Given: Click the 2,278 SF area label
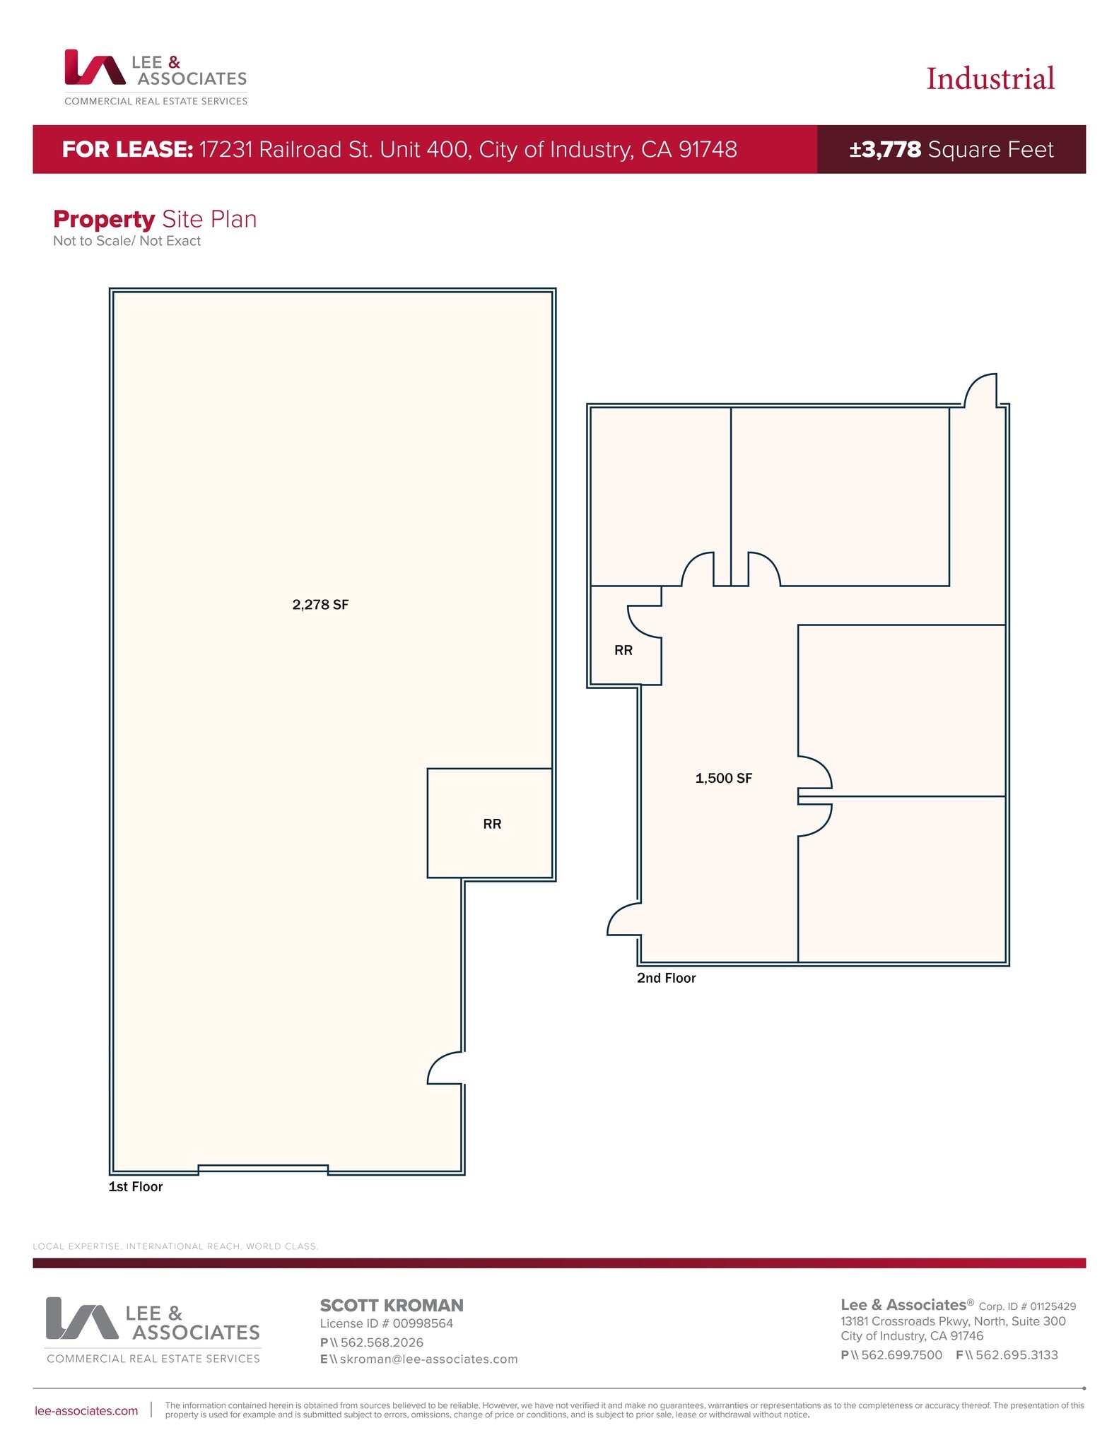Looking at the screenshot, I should pyautogui.click(x=320, y=605).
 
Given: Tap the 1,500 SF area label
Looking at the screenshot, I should pyautogui.click(x=723, y=779).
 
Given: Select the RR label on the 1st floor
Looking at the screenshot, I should pyautogui.click(x=492, y=824).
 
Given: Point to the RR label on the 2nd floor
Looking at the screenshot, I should pyautogui.click(x=623, y=651).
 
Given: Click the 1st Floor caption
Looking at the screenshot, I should pyautogui.click(x=135, y=1187).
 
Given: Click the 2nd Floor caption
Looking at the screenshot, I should pyautogui.click(x=666, y=979).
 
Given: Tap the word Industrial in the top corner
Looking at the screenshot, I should pyautogui.click(x=990, y=79).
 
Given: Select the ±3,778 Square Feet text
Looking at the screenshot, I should pyautogui.click(x=951, y=150).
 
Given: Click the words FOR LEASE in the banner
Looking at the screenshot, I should pyautogui.click(x=127, y=150).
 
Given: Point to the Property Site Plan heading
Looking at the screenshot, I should pyautogui.click(x=155, y=220).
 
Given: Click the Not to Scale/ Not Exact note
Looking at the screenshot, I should pyautogui.click(x=127, y=241).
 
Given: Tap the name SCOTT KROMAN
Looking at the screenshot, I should pyautogui.click(x=392, y=1306).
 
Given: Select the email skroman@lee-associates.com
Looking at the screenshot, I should pyautogui.click(x=428, y=1359).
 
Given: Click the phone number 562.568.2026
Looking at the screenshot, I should pyautogui.click(x=382, y=1342).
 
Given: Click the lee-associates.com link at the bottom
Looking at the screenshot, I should pyautogui.click(x=86, y=1411).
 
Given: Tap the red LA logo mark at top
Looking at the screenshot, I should pyautogui.click(x=94, y=67).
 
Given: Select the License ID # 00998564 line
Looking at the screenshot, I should pyautogui.click(x=386, y=1323).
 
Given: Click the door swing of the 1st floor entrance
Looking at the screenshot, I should pyautogui.click(x=444, y=1068).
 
